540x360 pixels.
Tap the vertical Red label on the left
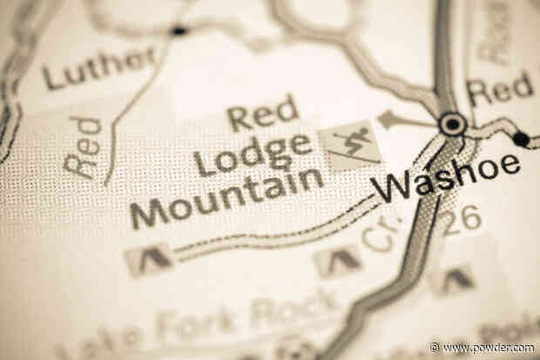coord(84,147)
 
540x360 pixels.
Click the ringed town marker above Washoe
coord(452,125)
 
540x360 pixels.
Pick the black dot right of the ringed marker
coord(520,139)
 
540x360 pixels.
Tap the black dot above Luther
coord(179,31)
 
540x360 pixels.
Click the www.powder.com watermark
coord(482,348)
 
